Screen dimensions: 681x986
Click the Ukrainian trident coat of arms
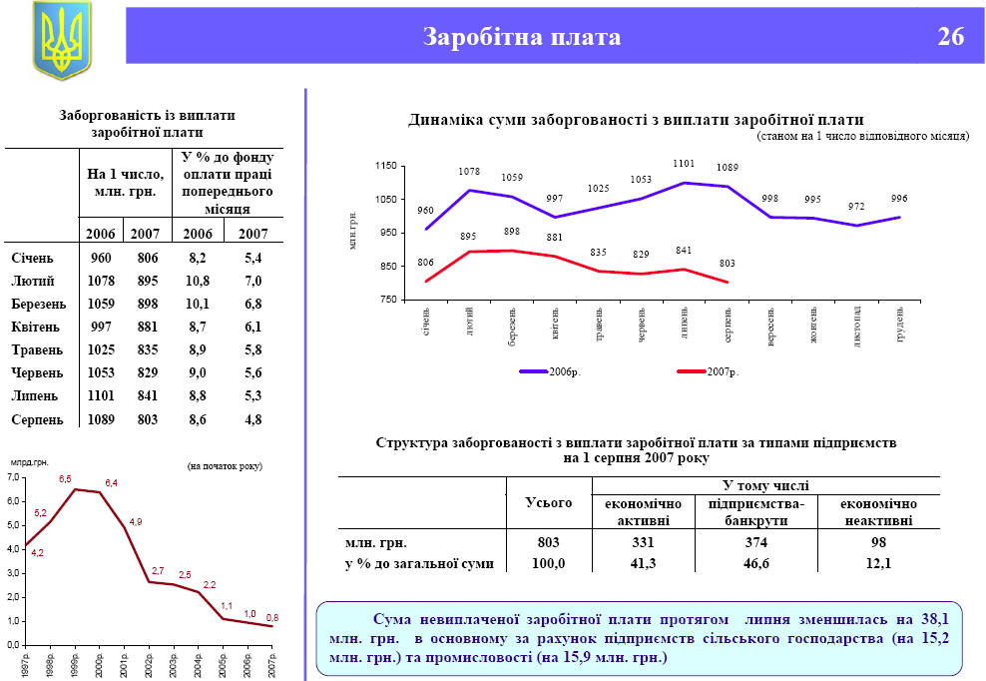tap(61, 40)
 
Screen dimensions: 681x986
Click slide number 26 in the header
tap(950, 37)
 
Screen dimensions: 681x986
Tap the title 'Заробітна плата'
tap(522, 37)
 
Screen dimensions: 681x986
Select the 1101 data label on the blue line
tap(684, 163)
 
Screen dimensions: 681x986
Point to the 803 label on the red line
tap(727, 264)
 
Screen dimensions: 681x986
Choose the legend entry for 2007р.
tap(709, 371)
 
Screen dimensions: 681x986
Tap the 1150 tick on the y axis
tap(386, 166)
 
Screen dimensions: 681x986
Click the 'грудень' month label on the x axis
tap(900, 324)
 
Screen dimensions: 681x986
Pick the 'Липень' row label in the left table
tap(36, 396)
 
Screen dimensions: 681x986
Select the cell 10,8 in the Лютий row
tap(197, 282)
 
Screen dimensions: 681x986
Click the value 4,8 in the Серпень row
tap(252, 419)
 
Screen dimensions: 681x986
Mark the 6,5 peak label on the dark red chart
tap(65, 479)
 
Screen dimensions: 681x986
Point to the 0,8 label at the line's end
tap(272, 618)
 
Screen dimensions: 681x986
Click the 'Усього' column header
tap(548, 502)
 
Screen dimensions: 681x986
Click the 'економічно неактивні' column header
tap(878, 511)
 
